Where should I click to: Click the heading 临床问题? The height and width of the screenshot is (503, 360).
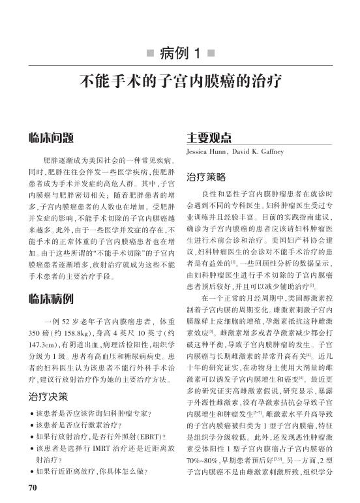pyautogui.click(x=51, y=138)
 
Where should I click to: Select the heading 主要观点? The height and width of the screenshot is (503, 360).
pyautogui.click(x=209, y=138)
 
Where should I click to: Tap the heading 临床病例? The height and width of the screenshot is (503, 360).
pyautogui.click(x=51, y=300)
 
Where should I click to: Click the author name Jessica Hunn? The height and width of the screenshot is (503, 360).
pyautogui.click(x=208, y=151)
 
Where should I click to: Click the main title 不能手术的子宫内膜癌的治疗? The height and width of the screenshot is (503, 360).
pyautogui.click(x=180, y=82)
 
